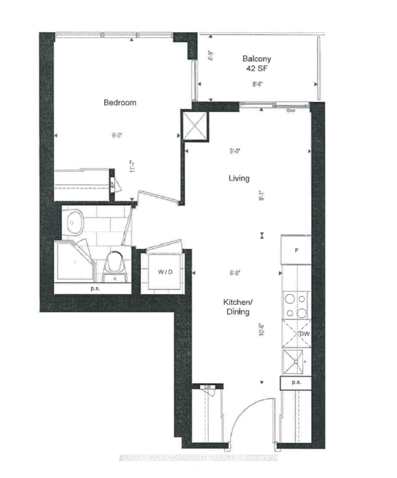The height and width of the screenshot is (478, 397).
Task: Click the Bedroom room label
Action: click(x=120, y=102)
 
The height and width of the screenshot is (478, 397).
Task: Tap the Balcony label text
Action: click(x=257, y=59)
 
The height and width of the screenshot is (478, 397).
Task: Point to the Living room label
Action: click(x=239, y=178)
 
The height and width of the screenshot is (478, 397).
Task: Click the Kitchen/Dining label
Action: click(x=238, y=307)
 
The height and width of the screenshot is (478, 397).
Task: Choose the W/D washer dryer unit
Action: click(x=165, y=272)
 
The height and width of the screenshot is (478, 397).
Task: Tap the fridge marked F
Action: click(x=297, y=250)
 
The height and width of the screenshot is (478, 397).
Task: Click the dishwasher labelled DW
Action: click(x=297, y=334)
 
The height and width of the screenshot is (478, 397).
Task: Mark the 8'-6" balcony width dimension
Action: click(x=257, y=84)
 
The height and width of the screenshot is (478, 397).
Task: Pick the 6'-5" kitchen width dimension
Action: click(x=235, y=273)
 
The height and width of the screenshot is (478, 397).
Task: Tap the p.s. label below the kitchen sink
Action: click(x=296, y=382)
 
